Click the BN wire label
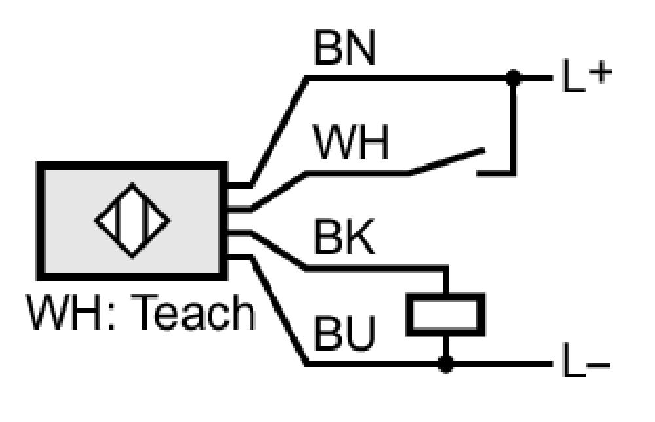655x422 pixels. tap(345, 48)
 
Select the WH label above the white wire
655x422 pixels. tap(351, 142)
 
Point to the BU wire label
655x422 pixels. tap(345, 333)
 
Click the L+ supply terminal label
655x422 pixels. tap(587, 75)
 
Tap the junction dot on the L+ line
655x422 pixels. tap(513, 78)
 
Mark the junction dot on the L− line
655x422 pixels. tap(446, 364)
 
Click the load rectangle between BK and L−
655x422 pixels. tap(445, 315)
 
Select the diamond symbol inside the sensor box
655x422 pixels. tap(132, 221)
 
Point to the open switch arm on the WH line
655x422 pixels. tap(447, 161)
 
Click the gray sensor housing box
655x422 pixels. tap(132, 221)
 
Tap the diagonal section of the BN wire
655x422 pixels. tap(278, 131)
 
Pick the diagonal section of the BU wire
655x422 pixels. tap(278, 310)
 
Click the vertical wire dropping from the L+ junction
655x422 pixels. tap(513, 125)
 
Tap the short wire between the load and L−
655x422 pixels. tap(445, 348)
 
